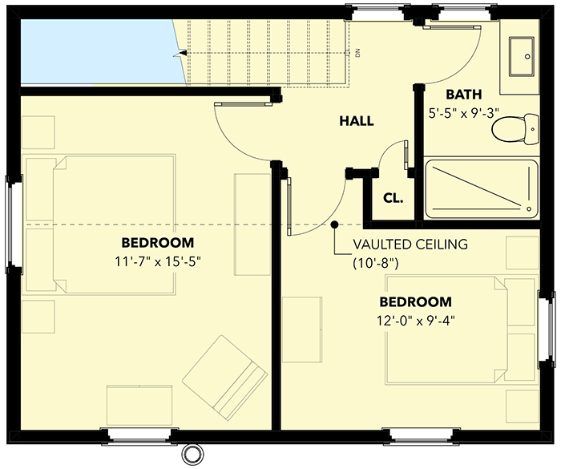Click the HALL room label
(357, 121)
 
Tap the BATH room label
(463, 95)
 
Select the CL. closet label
(393, 196)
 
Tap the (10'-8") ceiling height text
(376, 262)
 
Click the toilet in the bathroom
(514, 129)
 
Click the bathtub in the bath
(481, 189)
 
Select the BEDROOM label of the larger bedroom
(157, 242)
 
